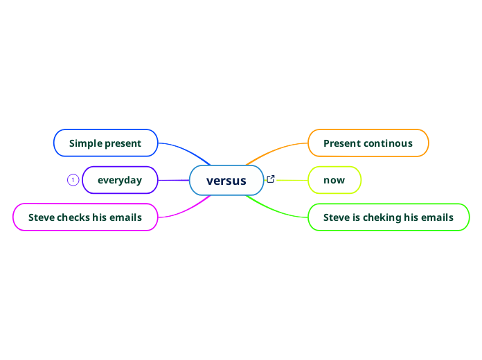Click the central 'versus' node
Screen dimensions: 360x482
[226, 181]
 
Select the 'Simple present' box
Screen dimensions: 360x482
[106, 143]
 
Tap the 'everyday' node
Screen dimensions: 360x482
[120, 180]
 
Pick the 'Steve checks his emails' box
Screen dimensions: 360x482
[85, 217]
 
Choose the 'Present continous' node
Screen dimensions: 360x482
[368, 143]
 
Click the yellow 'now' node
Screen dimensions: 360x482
[334, 180]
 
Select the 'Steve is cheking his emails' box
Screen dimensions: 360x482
[389, 217]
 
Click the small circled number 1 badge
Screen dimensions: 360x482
[73, 180]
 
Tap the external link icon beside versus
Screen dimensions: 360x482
[271, 179]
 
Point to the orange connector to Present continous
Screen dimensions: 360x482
[277, 148]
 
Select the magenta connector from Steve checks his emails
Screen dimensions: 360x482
[184, 210]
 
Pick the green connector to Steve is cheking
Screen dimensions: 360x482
[277, 210]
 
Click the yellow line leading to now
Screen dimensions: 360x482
[291, 180]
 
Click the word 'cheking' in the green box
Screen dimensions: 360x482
[382, 217]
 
